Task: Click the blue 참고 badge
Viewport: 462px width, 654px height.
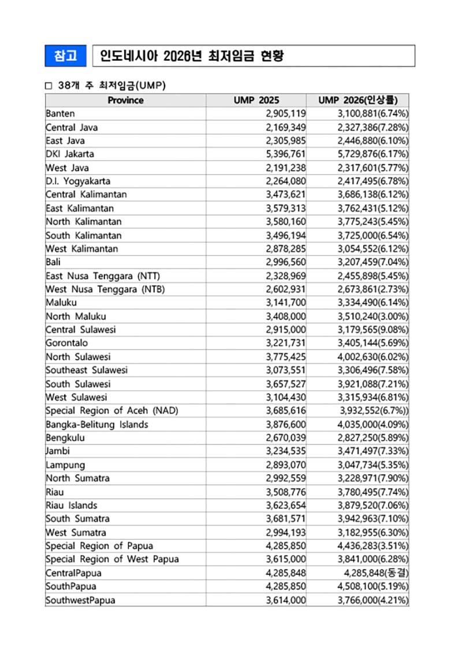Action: coord(66,56)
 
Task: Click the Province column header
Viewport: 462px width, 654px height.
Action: coord(125,100)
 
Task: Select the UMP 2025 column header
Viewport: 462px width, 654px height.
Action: coord(256,100)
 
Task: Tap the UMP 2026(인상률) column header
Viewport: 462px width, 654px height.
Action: coord(357,100)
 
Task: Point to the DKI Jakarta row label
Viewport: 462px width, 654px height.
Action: coord(70,154)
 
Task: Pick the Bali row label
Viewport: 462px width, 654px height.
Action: coord(53,261)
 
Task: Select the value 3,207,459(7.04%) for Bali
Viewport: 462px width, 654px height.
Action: coord(373,261)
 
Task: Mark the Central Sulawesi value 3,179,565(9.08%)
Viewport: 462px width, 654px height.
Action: coord(373,329)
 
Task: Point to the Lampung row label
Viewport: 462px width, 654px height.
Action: coord(65,465)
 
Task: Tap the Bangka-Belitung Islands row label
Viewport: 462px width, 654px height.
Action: coord(97,424)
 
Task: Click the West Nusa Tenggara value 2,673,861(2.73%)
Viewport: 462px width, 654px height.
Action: coord(373,289)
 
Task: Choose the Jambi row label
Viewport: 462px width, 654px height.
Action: coord(57,451)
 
